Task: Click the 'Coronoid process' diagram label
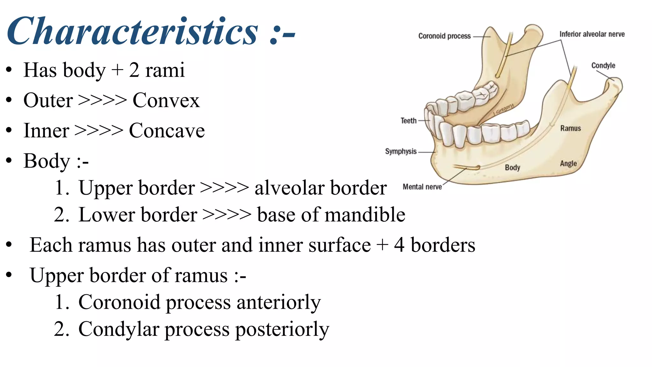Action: tap(444, 36)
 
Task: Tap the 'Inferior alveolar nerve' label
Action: tap(592, 34)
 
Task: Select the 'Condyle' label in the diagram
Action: tap(603, 66)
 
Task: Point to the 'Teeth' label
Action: tap(408, 121)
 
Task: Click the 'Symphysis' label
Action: tap(401, 151)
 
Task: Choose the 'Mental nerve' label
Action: tap(422, 187)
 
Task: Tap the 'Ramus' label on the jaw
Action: tap(570, 128)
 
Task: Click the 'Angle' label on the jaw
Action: tap(568, 164)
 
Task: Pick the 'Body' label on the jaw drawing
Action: tap(512, 168)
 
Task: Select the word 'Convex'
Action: tap(166, 101)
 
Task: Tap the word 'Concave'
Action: tap(167, 131)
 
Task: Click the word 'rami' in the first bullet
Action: tap(165, 70)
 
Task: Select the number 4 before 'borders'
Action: tap(399, 245)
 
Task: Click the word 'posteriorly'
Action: tap(282, 329)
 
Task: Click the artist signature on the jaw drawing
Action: tap(504, 109)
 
